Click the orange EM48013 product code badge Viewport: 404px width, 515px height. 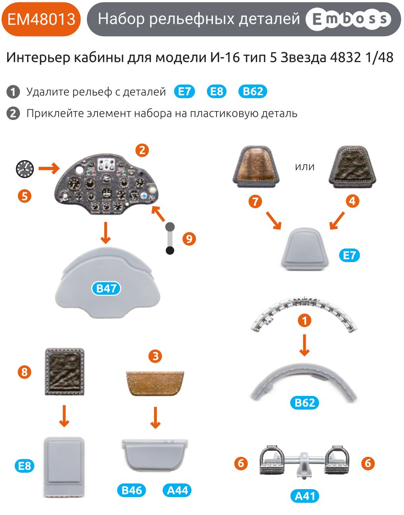(x=41, y=19)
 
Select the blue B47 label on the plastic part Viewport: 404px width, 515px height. (x=106, y=288)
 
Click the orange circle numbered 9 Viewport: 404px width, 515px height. (x=189, y=239)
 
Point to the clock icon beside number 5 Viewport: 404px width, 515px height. (x=25, y=169)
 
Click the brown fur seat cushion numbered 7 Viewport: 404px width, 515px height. (x=256, y=166)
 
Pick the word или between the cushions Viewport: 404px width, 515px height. (x=304, y=167)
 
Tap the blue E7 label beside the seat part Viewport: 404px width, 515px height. (x=349, y=255)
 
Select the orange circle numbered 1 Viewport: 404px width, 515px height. (x=304, y=320)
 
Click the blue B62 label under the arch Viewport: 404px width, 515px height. (x=304, y=403)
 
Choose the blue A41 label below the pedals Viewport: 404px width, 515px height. (x=305, y=496)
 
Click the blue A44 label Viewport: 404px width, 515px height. (x=177, y=490)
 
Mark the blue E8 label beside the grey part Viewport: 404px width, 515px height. (x=25, y=466)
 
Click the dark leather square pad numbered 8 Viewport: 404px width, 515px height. (x=64, y=372)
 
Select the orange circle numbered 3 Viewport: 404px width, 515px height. (x=155, y=356)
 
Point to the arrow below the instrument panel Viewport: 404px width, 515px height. (x=105, y=233)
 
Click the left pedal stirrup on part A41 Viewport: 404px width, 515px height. (x=274, y=461)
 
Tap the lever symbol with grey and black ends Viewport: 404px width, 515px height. (x=170, y=238)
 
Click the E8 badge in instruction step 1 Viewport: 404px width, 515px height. (x=217, y=92)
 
